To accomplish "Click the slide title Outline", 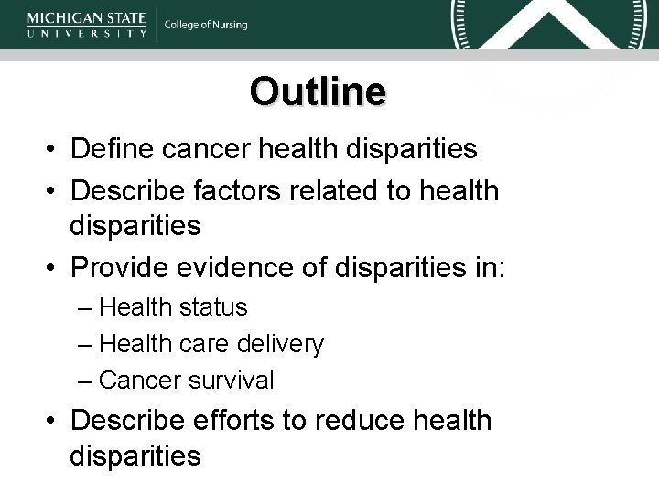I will (318, 91).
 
